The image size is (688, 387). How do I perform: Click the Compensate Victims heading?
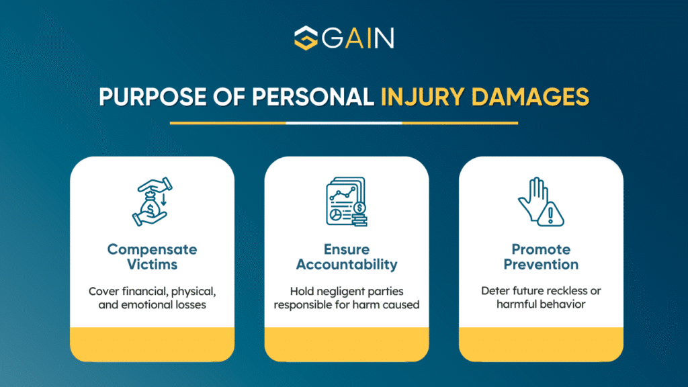(x=153, y=257)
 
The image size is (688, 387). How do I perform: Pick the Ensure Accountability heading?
(x=346, y=257)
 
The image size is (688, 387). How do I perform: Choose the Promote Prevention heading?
(x=540, y=257)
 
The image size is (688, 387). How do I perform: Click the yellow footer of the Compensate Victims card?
(x=153, y=344)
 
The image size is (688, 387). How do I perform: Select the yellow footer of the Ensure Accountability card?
(x=346, y=344)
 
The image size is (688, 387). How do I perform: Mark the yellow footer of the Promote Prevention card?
(x=540, y=344)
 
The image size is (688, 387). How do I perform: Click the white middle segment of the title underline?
(x=344, y=123)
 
